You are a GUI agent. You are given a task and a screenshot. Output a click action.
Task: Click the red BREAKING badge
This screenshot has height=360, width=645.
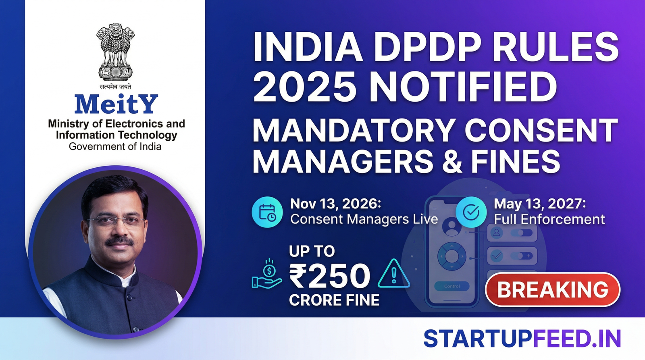point(553,289)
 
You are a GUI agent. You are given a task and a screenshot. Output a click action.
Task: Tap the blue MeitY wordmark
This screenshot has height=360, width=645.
point(116,104)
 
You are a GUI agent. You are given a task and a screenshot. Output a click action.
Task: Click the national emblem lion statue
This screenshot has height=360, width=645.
point(115,52)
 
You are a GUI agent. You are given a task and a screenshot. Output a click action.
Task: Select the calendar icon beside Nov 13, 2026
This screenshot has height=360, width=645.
point(267,212)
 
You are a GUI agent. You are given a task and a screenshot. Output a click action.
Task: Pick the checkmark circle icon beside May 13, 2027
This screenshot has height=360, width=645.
point(471,212)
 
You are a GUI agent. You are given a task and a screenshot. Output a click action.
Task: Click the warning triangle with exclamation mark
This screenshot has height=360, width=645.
point(393,274)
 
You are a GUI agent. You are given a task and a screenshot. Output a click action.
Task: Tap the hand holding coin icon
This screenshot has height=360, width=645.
point(267,274)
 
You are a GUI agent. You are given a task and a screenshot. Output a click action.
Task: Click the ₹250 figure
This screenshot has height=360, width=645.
point(330,276)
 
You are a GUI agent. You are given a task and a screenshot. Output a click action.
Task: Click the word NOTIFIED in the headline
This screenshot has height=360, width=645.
point(463,87)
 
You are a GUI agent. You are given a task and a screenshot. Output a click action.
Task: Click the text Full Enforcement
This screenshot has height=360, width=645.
point(549,219)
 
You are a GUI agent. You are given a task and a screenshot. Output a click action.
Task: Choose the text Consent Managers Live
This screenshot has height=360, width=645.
point(364,219)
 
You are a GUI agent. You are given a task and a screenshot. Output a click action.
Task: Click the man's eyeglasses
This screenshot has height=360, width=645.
point(116,221)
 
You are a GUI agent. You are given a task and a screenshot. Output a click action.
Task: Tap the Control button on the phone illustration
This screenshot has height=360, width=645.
point(452,286)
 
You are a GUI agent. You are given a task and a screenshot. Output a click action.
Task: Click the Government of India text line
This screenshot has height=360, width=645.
point(115,147)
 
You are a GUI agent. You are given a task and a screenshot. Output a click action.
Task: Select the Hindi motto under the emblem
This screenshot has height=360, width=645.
point(115,86)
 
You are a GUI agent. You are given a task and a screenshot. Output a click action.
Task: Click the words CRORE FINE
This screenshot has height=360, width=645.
point(334,300)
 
